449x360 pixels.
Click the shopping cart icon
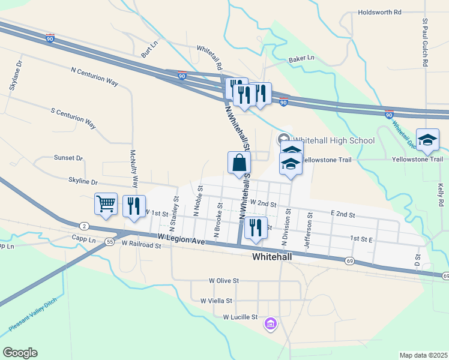106,204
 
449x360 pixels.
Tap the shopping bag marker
239,163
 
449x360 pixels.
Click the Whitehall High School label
336,141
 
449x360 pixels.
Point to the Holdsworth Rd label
379,12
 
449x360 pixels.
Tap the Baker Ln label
301,59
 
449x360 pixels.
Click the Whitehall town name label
272,257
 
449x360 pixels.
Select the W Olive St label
224,280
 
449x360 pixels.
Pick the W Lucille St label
240,317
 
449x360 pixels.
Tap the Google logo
20,353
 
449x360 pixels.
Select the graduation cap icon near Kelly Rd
428,140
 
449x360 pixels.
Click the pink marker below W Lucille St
271,325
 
